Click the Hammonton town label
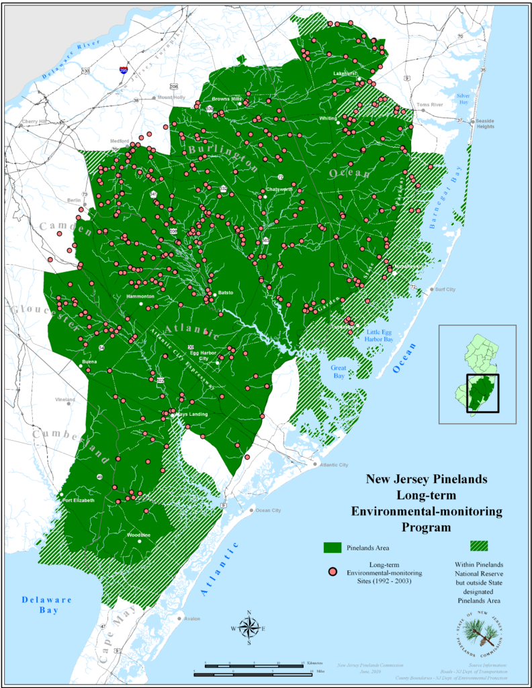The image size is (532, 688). tap(140, 296)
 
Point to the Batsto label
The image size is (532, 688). tap(226, 293)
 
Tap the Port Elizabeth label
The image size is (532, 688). tap(79, 501)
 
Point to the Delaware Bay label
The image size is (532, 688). tap(48, 605)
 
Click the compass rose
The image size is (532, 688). tap(249, 628)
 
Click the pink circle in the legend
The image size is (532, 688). tap(331, 572)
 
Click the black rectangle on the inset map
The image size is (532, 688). tap(482, 392)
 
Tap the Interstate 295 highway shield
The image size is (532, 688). tap(124, 69)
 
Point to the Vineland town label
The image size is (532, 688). tap(66, 399)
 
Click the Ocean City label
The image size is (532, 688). tap(267, 511)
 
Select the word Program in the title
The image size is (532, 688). tap(427, 527)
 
